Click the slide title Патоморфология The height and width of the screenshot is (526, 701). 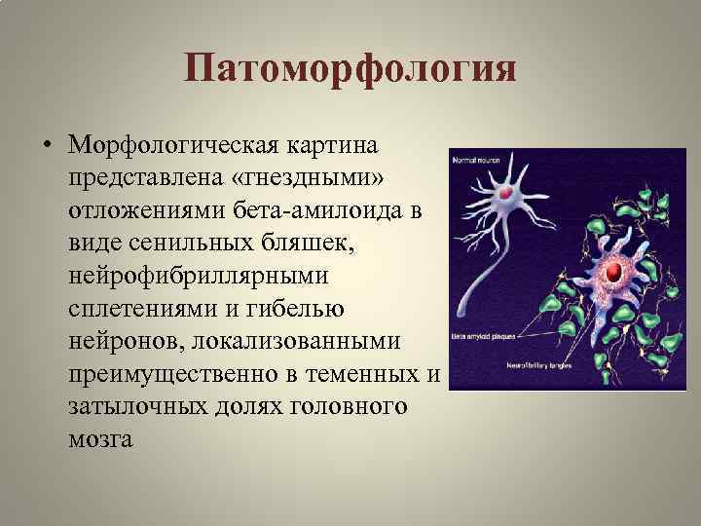pos(350,70)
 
